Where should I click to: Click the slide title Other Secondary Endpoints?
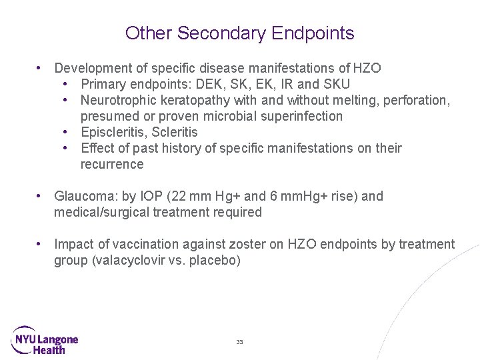pos(239,33)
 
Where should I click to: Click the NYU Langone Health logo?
pos(45,340)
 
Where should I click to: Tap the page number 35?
pos(239,342)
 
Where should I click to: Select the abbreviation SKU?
pos(336,84)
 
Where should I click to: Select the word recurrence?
pos(112,164)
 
